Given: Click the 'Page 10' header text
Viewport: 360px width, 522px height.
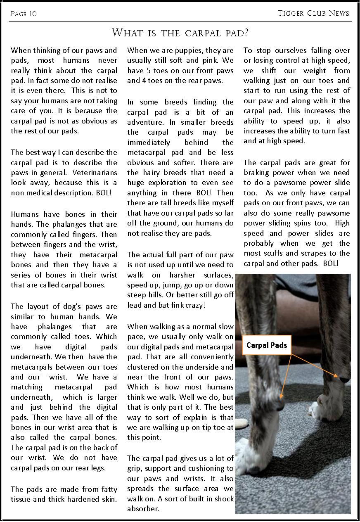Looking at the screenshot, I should click(x=24, y=14).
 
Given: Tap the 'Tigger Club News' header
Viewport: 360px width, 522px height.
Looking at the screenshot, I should click(x=314, y=13).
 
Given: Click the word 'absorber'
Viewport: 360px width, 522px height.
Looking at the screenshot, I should click(x=143, y=509).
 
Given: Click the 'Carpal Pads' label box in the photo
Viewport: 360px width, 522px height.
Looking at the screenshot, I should click(x=266, y=345).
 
